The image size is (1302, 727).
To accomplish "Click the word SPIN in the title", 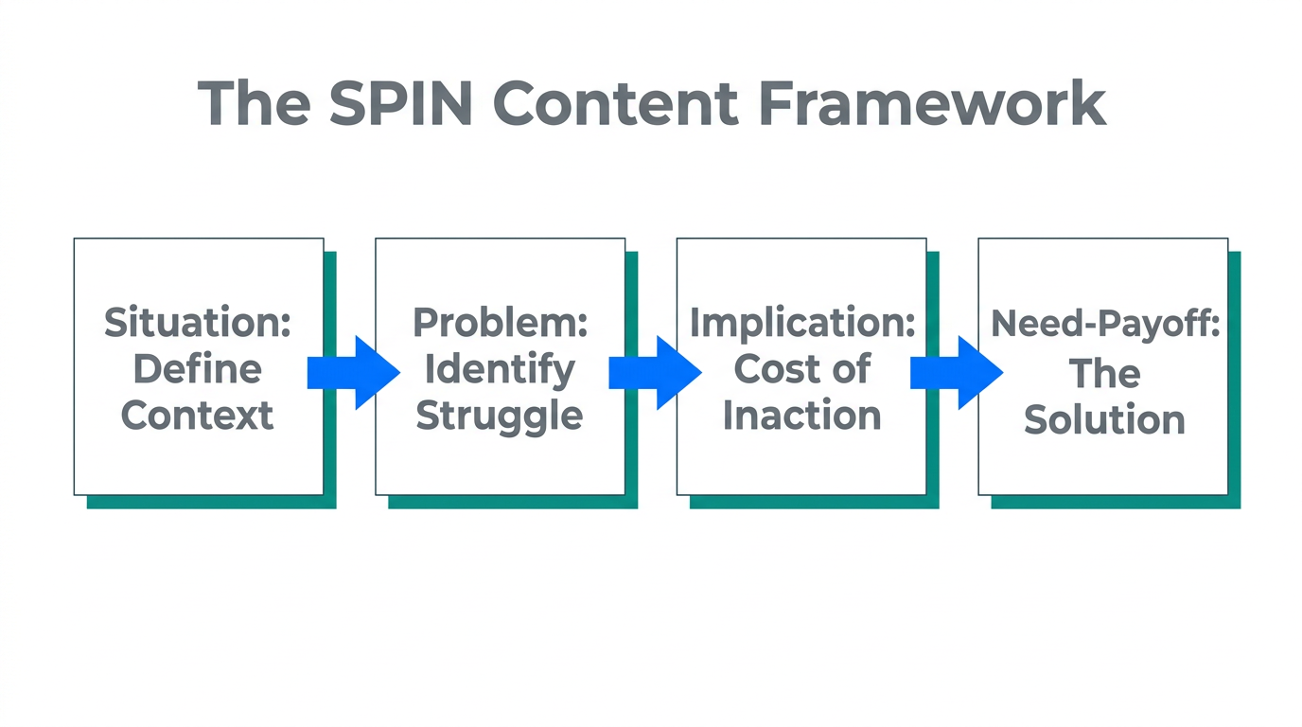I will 401,103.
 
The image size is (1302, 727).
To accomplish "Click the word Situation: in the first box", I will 198,323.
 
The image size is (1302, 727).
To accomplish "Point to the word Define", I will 198,368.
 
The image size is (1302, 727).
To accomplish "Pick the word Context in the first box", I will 198,415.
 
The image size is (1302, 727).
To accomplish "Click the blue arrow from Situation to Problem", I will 352,372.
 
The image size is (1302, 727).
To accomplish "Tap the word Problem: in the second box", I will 500,323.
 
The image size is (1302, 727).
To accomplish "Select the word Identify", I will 500,368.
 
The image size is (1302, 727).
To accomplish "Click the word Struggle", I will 500,415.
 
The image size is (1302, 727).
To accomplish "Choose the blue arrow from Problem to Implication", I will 654,372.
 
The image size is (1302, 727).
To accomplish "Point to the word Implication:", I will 801,323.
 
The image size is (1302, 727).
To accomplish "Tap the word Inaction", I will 801,415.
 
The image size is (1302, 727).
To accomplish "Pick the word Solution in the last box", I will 1104,419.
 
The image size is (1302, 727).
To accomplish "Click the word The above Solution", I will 1104,374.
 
